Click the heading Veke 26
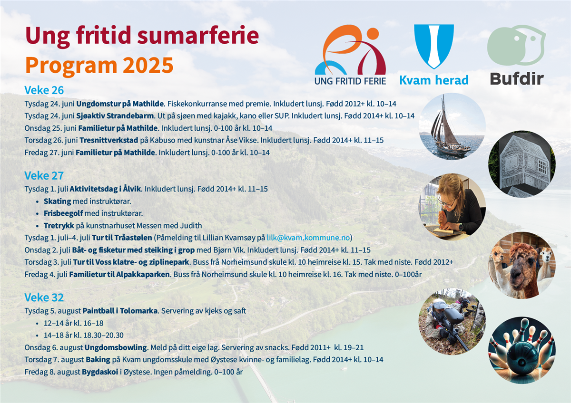point(44,90)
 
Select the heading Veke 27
point(44,176)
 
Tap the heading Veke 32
point(44,297)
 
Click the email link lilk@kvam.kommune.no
point(308,238)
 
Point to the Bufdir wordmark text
point(517,78)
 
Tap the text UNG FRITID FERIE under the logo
point(350,81)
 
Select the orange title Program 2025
point(99,66)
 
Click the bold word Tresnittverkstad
point(109,140)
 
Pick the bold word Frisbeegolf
point(63,213)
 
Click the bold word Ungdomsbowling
point(116,347)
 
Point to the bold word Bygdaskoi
point(100,372)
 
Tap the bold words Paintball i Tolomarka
point(120,311)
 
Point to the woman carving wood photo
point(452,207)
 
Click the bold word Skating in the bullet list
point(58,201)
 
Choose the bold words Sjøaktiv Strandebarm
point(115,116)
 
